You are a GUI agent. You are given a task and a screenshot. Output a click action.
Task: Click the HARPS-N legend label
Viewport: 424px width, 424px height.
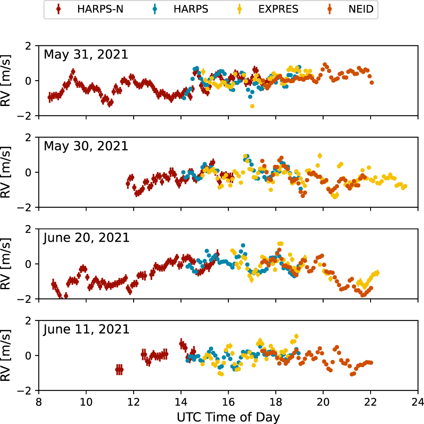100,9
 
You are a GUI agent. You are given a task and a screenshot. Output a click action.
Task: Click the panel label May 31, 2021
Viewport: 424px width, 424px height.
86,55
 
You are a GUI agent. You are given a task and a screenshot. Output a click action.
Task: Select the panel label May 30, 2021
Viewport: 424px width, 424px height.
86,146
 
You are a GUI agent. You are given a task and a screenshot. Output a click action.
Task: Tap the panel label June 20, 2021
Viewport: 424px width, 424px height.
86,238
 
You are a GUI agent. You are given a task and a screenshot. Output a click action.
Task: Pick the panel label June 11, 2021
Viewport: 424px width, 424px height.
86,329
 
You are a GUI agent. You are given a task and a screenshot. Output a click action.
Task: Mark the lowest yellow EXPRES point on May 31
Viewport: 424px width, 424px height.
252,106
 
